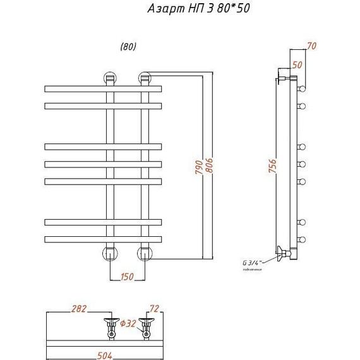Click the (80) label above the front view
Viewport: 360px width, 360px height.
(x=128, y=47)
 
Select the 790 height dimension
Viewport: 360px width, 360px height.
(x=198, y=168)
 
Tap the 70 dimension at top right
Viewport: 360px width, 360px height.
(x=311, y=45)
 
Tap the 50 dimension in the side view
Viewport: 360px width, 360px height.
(x=297, y=65)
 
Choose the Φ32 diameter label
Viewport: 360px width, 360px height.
(x=128, y=324)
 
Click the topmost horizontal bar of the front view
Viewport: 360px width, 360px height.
(x=104, y=88)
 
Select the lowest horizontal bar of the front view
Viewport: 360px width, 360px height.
(x=104, y=239)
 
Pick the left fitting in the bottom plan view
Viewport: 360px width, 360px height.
(x=111, y=328)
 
